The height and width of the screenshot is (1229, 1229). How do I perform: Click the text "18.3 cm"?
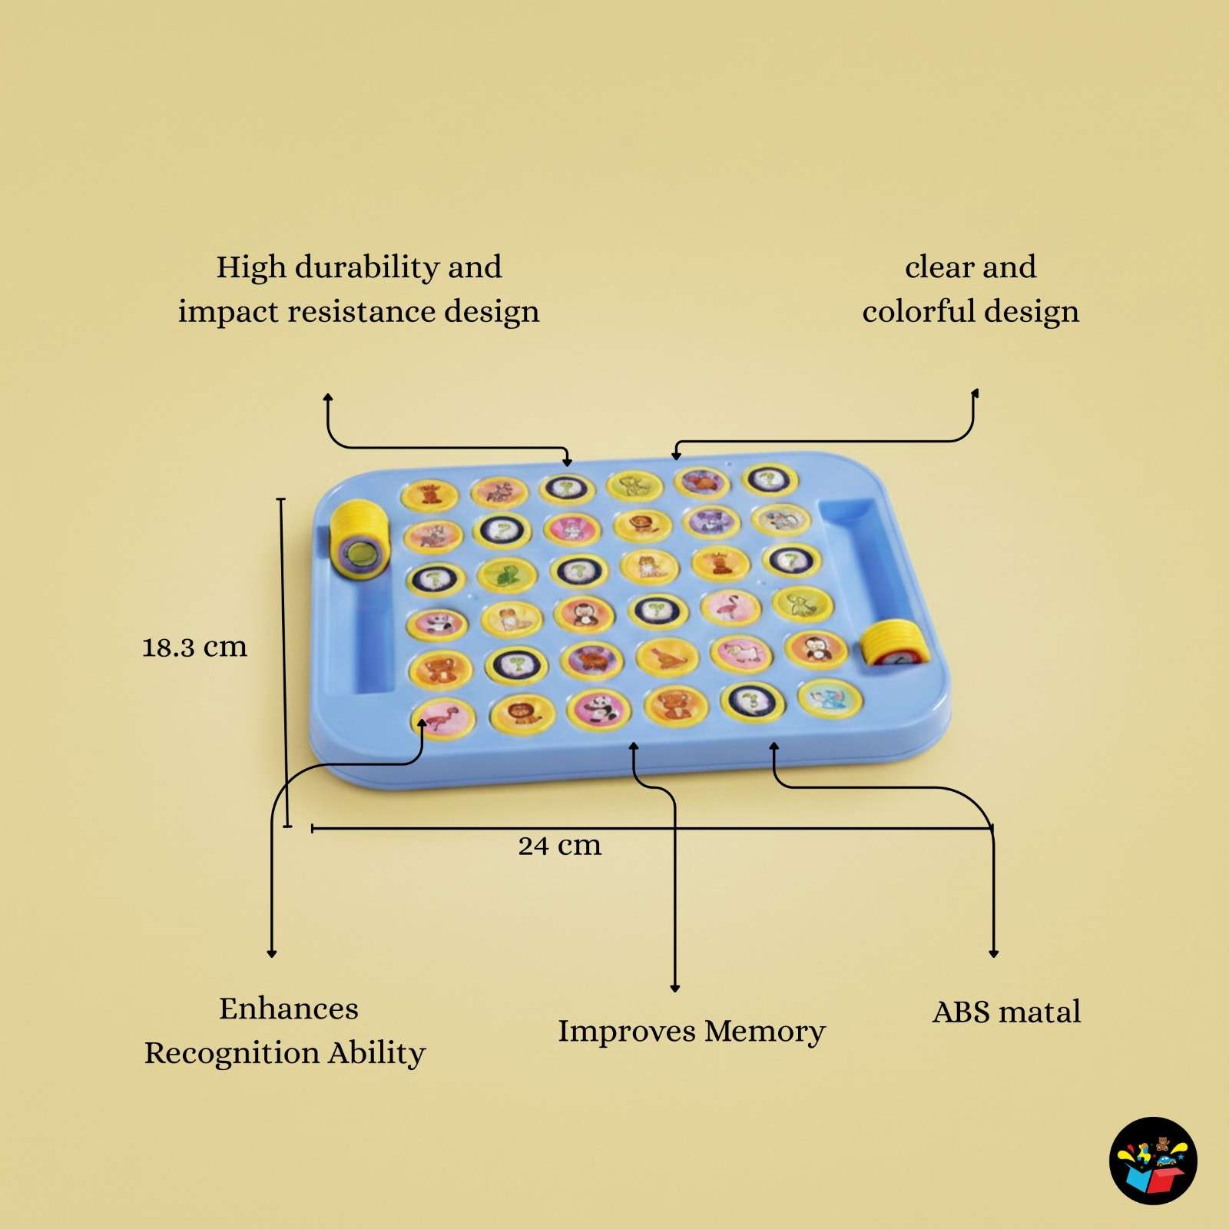coord(195,647)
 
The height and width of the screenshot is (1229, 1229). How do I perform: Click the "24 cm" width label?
coord(560,845)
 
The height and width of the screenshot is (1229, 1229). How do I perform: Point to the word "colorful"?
coord(919,311)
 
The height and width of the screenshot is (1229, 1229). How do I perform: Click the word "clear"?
coord(938,267)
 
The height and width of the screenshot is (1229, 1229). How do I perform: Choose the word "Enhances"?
coord(289,1009)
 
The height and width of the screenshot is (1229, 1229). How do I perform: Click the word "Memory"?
coord(765,1032)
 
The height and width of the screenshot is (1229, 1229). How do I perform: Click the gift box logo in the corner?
coord(1153,1160)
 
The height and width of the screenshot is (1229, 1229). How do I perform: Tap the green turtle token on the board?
coord(507,575)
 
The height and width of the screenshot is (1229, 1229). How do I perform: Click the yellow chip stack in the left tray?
coord(359,540)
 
